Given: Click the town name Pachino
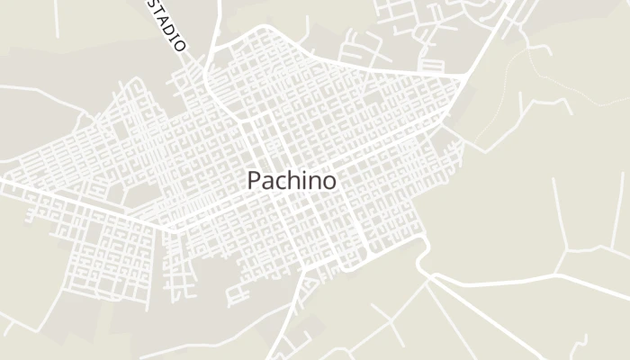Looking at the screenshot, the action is tap(292, 180).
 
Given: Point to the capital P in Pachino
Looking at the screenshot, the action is tap(255, 180).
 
